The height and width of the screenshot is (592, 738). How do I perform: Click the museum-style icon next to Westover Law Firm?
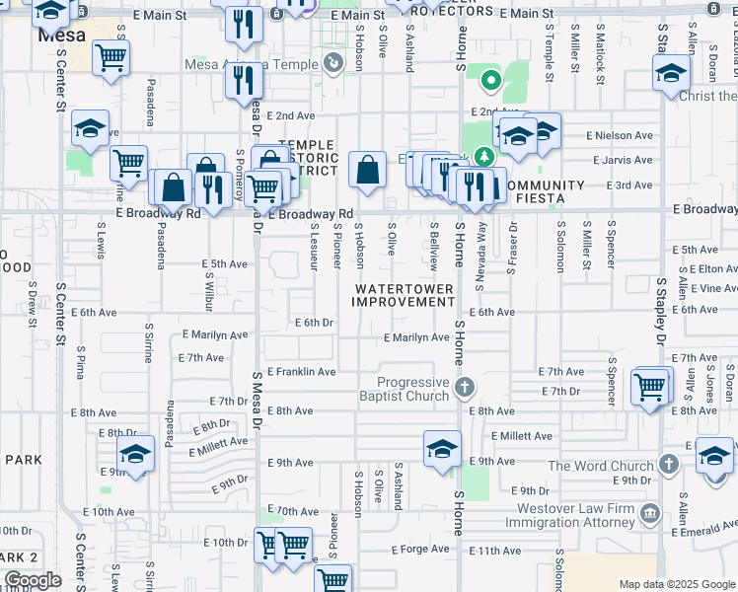pos(650,513)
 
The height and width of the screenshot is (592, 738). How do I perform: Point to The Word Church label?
pos(600,466)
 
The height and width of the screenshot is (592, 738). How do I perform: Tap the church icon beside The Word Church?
pos(668,465)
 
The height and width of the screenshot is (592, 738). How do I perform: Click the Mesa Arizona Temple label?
pos(252,65)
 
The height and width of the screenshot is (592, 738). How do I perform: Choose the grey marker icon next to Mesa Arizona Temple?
pos(333,65)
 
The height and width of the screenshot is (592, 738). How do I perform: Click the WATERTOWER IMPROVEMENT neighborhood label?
pos(405,295)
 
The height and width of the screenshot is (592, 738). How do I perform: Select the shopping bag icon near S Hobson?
pos(367,169)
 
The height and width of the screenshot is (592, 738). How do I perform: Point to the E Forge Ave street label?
pos(419,550)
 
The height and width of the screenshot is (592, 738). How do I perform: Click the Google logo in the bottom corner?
pos(32,580)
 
